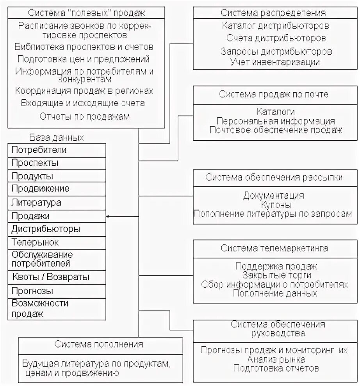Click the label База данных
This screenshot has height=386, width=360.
[x=56, y=138]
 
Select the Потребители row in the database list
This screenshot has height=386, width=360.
[x=39, y=150]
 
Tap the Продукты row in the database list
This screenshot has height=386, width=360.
[x=32, y=176]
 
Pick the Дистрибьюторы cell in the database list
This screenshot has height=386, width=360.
[x=46, y=229]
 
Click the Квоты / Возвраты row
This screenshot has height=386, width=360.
[x=50, y=277]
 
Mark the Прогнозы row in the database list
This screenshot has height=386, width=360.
[x=32, y=291]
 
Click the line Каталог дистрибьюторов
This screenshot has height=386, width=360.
[x=275, y=26]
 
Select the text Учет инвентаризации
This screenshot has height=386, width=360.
[x=275, y=62]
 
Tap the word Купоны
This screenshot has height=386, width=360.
[x=276, y=204]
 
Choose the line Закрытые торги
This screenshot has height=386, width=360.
[x=275, y=275]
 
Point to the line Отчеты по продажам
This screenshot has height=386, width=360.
[x=84, y=116]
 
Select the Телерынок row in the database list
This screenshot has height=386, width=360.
[x=35, y=242]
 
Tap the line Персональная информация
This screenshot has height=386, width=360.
[x=276, y=121]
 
